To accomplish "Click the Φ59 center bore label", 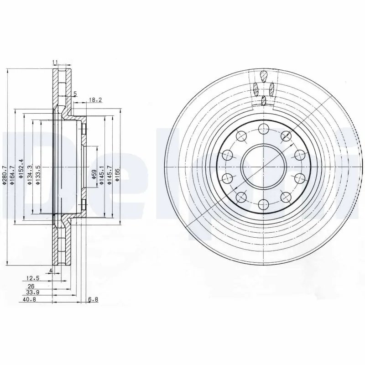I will pos(93,176).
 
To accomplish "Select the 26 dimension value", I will pos(31,286).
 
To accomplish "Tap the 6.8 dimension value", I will pos(92,300).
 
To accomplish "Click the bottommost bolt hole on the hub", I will pos(263,204).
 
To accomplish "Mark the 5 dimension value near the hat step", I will pos(75,94).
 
